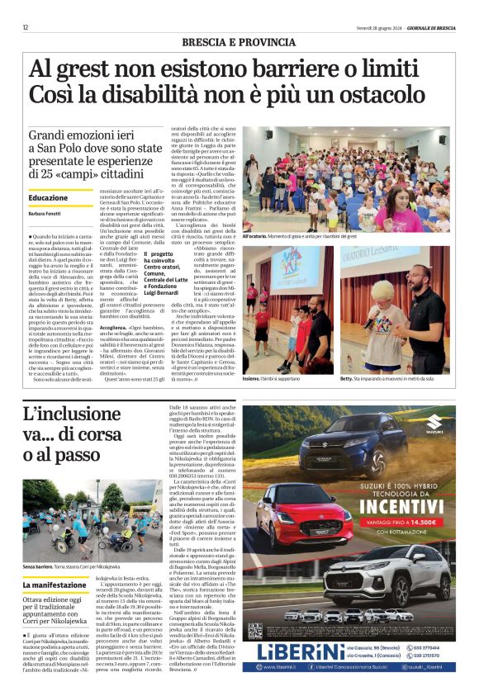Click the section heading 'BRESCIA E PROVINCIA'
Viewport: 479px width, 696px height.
239,42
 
